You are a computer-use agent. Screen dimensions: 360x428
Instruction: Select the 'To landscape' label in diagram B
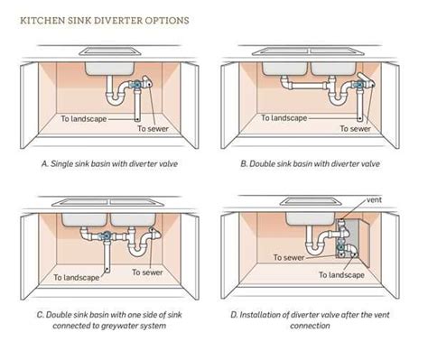click(x=284, y=117)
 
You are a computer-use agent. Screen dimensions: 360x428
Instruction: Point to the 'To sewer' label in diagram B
click(x=354, y=129)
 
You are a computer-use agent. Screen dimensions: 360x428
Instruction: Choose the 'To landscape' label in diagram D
click(x=344, y=274)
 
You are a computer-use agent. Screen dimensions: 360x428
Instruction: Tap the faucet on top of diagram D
click(x=311, y=204)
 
